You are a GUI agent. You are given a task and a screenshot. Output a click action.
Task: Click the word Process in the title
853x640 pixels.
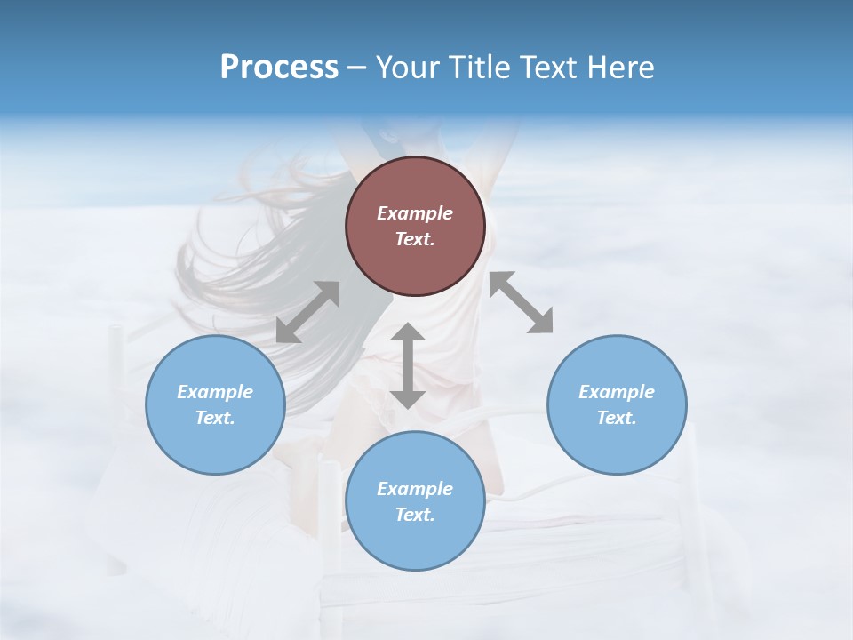(x=279, y=68)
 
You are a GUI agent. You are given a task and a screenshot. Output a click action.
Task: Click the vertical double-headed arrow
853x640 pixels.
(x=408, y=365)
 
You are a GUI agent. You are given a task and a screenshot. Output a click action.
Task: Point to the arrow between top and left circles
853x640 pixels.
(x=307, y=312)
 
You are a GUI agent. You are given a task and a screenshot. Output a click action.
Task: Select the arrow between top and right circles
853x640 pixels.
(x=522, y=302)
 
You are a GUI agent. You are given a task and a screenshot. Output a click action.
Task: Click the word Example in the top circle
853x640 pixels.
(x=415, y=213)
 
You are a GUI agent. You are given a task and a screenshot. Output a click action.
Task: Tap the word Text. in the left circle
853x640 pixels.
(x=215, y=418)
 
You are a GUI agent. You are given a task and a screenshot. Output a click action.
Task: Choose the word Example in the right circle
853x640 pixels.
(x=617, y=392)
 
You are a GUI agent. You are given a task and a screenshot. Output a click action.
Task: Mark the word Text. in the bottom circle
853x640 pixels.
(x=415, y=515)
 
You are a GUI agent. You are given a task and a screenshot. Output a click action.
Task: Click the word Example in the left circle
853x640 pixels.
(x=215, y=392)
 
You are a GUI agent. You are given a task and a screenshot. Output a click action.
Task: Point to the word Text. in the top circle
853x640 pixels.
(x=415, y=239)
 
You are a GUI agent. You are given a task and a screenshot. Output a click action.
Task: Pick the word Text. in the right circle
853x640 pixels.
(x=617, y=418)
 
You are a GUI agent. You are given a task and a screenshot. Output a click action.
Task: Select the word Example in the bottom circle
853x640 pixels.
(x=415, y=489)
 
